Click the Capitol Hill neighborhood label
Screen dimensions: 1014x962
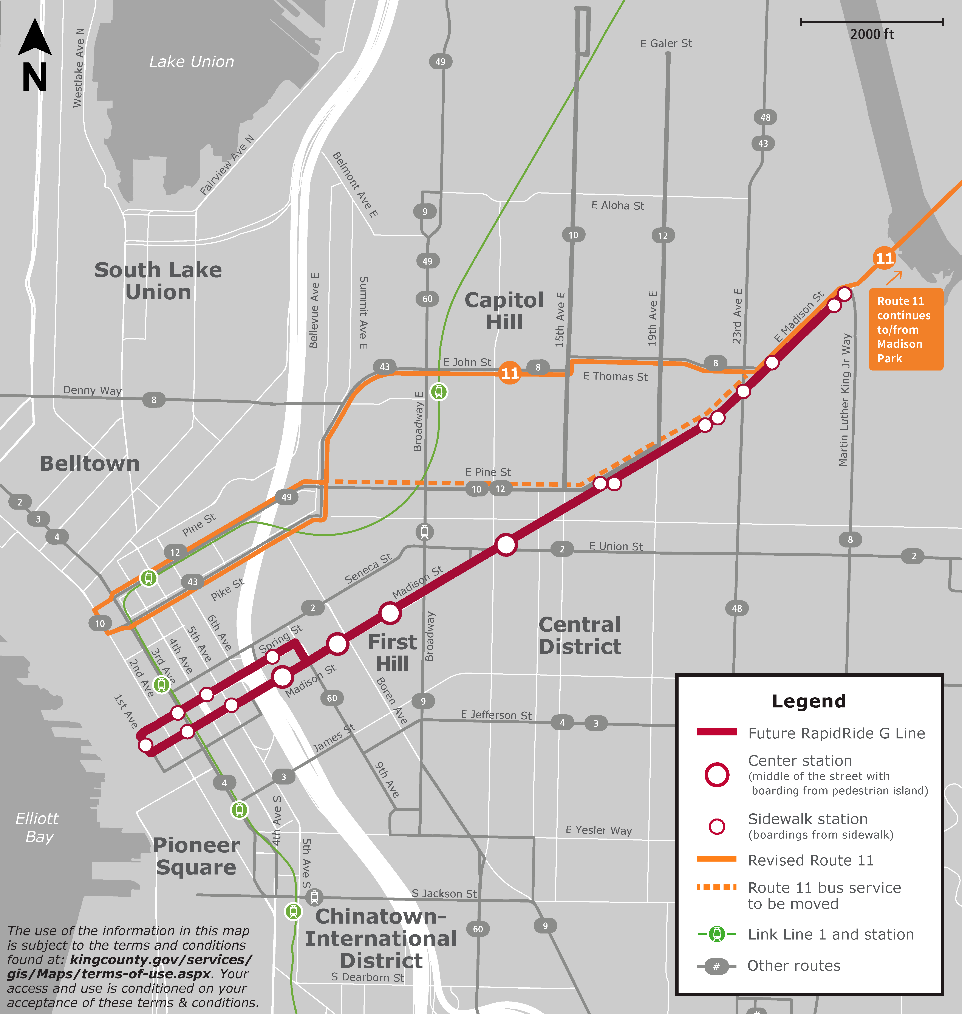tap(504, 311)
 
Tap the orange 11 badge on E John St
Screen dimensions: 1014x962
tap(510, 373)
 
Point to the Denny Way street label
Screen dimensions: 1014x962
tap(92, 390)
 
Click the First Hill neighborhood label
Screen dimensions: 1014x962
tap(392, 653)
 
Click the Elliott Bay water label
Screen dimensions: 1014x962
tap(37, 827)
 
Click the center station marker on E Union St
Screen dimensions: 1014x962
tap(506, 545)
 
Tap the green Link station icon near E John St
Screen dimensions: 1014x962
tap(438, 392)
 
